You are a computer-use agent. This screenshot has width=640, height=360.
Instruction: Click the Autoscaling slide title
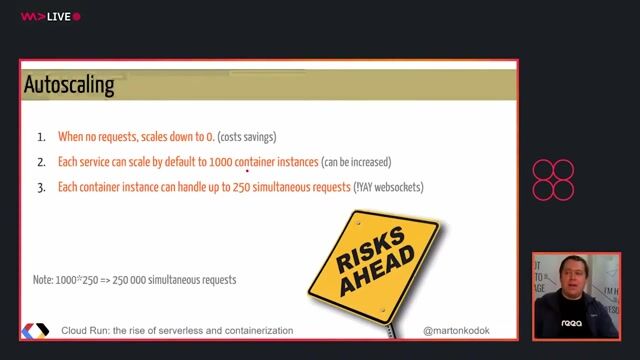pyautogui.click(x=69, y=85)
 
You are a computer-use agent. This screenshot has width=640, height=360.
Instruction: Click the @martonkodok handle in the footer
pyautogui.click(x=456, y=330)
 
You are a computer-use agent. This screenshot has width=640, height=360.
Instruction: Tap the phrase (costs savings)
pyautogui.click(x=247, y=137)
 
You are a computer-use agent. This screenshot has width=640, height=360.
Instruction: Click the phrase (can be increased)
pyautogui.click(x=356, y=162)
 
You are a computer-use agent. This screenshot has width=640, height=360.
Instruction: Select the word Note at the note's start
pyautogui.click(x=44, y=280)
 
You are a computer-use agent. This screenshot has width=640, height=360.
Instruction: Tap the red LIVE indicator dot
pyautogui.click(x=77, y=17)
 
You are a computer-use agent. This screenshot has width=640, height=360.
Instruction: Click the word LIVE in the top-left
pyautogui.click(x=59, y=17)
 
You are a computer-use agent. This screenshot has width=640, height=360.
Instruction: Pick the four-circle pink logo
pyautogui.click(x=553, y=180)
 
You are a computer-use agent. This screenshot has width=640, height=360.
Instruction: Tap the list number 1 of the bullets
pyautogui.click(x=42, y=137)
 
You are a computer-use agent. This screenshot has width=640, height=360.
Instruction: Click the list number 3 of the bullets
pyautogui.click(x=42, y=187)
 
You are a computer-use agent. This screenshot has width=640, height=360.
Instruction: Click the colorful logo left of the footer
pyautogui.click(x=35, y=330)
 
